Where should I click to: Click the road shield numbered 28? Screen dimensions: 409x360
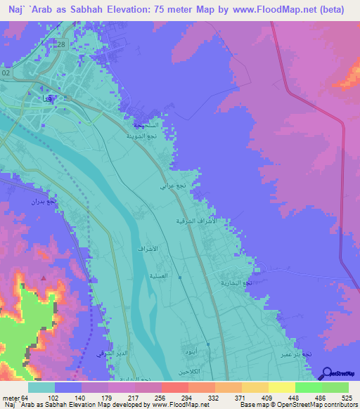tap(61, 45)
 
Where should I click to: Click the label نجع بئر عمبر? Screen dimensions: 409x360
tap(292, 355)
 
